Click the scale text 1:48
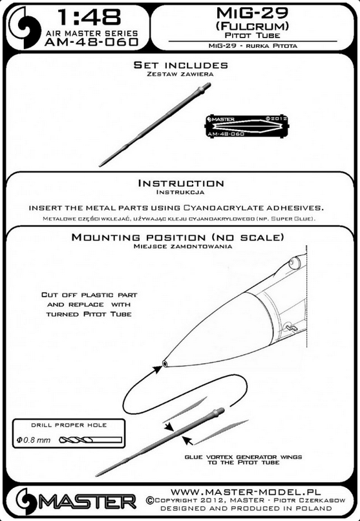pos(89,17)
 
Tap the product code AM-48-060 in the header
pos(91,42)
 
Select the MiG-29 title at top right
pos(252,13)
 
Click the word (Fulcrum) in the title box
pos(252,26)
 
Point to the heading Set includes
pos(181,65)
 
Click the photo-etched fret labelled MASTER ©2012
pos(247,126)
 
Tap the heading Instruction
pos(181,183)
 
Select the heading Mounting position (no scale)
pos(178,237)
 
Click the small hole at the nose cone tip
pos(165,363)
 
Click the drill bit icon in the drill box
pos(90,440)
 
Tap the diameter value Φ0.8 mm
pos(33,440)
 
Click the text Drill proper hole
pos(69,425)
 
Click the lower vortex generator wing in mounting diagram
pos(221,432)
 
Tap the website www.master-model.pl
pos(246,492)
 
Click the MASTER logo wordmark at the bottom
pos(89,502)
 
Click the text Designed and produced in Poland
pos(246,508)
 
